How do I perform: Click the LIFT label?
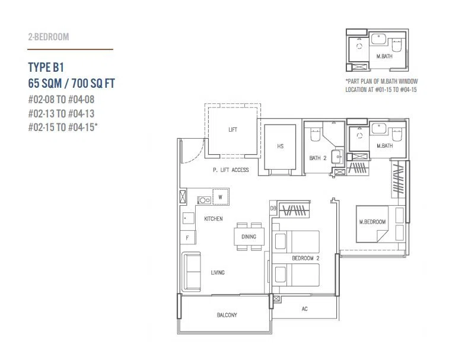coord(232,130)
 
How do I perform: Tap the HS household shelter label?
coord(280,146)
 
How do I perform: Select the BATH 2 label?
coord(318,158)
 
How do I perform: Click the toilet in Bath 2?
coord(315,135)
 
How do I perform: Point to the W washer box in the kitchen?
coord(221,197)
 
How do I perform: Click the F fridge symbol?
coord(187,237)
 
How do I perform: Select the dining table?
coord(249,236)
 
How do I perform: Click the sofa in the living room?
coord(192,272)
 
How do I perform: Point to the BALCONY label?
coord(227,315)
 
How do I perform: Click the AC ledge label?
coord(305,309)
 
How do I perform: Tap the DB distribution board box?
coord(273,208)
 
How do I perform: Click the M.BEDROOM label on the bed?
coord(372,222)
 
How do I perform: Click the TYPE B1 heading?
coord(46,67)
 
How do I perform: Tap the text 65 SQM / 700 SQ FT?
coord(72,84)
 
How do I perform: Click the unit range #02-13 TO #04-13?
coord(61,113)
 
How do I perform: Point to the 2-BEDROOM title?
coord(49,37)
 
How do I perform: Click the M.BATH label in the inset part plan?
coord(384,56)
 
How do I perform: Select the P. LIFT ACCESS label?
coord(231,170)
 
